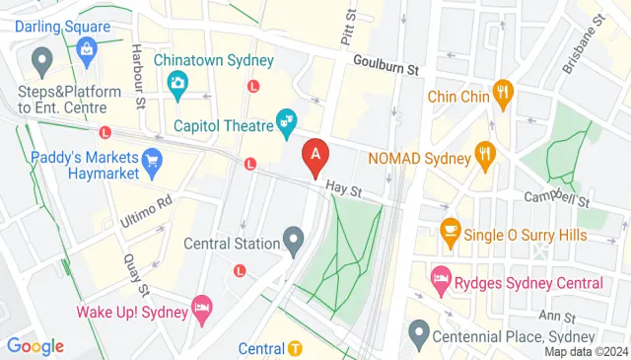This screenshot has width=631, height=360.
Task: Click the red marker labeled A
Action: click(315, 156)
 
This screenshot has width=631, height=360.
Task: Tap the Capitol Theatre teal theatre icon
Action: click(288, 123)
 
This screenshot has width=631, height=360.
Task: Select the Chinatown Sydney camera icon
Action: click(177, 83)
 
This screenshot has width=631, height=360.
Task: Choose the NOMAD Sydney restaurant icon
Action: click(483, 155)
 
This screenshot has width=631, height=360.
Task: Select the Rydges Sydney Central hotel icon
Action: click(441, 282)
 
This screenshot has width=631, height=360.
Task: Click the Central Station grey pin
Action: click(293, 238)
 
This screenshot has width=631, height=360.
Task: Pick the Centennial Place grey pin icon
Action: click(419, 332)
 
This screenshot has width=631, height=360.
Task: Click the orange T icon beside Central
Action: click(296, 348)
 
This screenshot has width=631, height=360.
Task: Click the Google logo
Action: click(35, 345)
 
